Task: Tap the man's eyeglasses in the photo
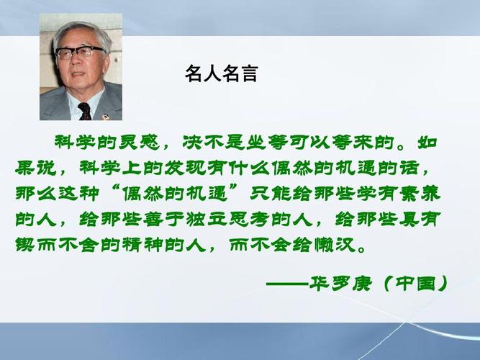click(79, 53)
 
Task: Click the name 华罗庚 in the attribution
click(338, 282)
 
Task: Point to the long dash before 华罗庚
click(286, 282)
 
